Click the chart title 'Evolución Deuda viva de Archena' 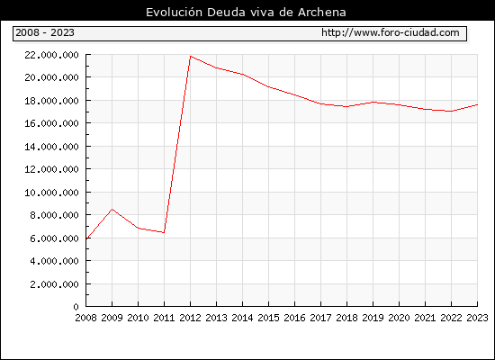click(x=246, y=13)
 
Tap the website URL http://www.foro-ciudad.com click(x=391, y=32)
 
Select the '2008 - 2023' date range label click(x=45, y=32)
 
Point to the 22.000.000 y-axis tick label click(x=51, y=55)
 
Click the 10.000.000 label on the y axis click(x=51, y=193)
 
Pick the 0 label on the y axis click(x=76, y=307)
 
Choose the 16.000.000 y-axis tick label click(x=51, y=123)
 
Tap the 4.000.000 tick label click(x=54, y=261)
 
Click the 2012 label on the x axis click(x=190, y=318)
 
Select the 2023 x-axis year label click(x=477, y=318)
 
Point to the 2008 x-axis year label click(x=85, y=318)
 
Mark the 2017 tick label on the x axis click(x=320, y=318)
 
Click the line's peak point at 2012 click(x=191, y=56)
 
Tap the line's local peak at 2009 click(x=112, y=209)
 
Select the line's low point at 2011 click(x=164, y=233)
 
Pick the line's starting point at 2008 click(x=86, y=238)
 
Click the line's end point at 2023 click(x=477, y=104)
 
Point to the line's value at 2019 click(x=373, y=102)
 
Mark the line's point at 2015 click(x=269, y=86)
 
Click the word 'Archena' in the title click(x=322, y=13)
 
